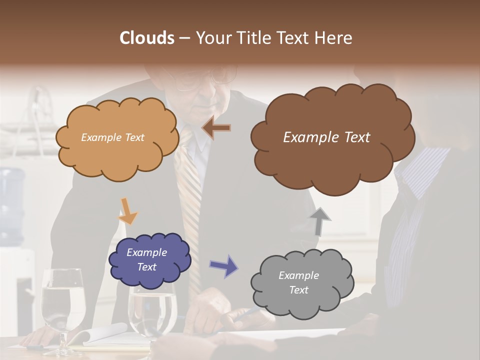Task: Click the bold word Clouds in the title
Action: click(146, 38)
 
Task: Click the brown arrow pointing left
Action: click(216, 128)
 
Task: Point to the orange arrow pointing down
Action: click(127, 211)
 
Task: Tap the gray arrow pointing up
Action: click(320, 221)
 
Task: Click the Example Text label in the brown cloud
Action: click(326, 137)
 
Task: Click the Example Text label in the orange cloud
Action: click(112, 137)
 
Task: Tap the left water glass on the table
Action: click(63, 305)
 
